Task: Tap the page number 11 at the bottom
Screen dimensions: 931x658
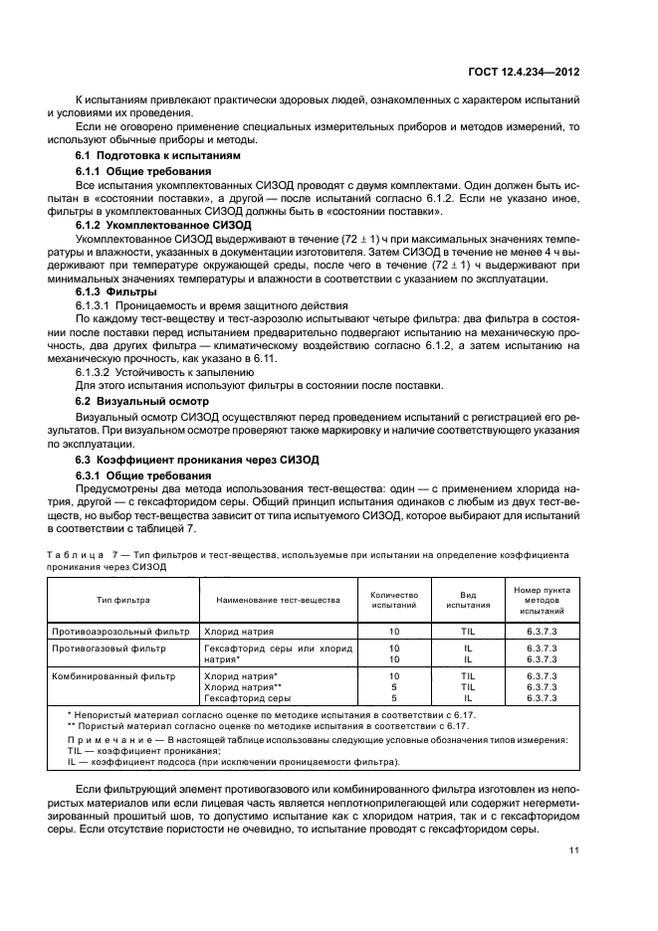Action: click(574, 850)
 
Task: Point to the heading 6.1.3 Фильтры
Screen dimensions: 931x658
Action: click(116, 293)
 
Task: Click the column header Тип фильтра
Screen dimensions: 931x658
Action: click(122, 600)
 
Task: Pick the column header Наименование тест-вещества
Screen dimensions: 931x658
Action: click(273, 600)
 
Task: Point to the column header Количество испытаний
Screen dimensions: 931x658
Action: click(394, 600)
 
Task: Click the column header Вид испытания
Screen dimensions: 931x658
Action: click(468, 600)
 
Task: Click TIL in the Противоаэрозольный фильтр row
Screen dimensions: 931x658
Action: click(468, 631)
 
